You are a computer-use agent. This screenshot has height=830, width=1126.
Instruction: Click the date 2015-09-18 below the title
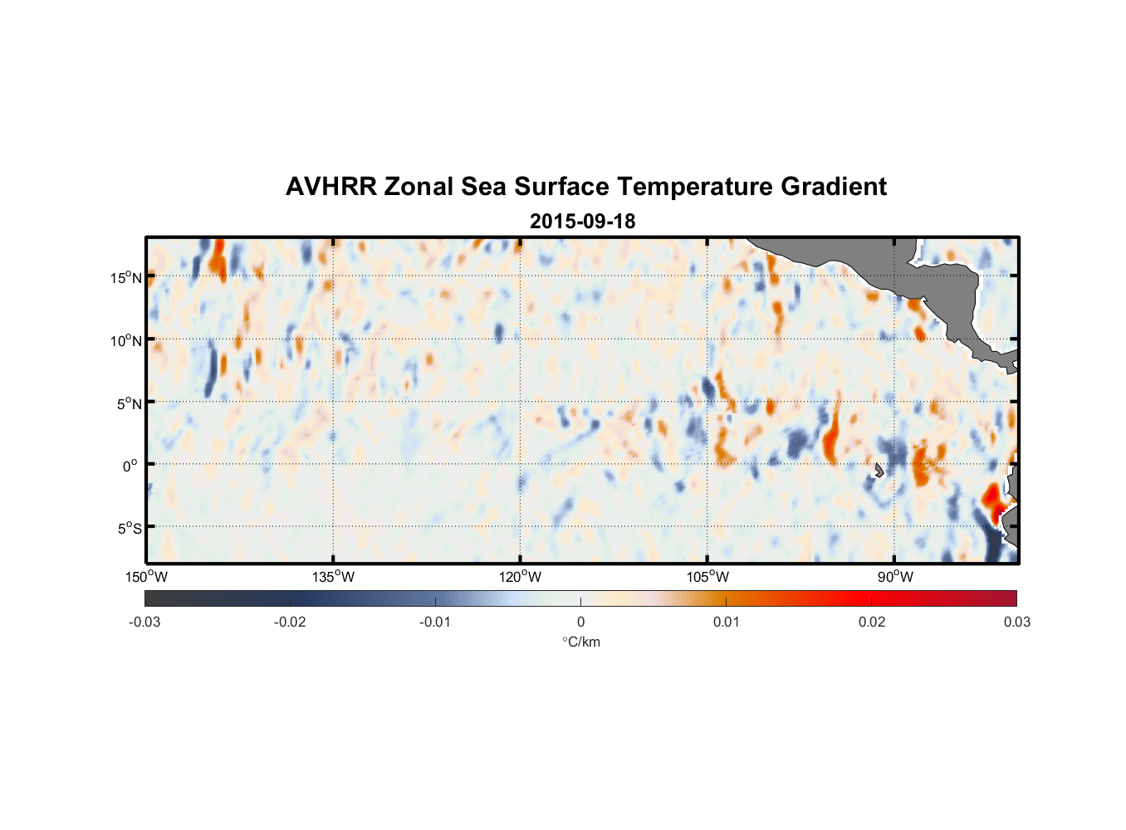(x=582, y=222)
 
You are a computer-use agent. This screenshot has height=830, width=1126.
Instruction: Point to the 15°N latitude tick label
(x=125, y=277)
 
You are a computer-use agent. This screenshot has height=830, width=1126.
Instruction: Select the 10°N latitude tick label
(x=125, y=340)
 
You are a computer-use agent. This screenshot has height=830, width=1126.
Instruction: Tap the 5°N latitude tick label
(x=129, y=403)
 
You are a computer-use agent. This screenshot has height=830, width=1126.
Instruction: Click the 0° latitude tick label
(x=130, y=466)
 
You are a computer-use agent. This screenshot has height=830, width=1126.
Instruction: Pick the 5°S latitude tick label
(x=129, y=529)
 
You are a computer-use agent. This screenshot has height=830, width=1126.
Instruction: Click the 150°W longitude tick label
(x=147, y=577)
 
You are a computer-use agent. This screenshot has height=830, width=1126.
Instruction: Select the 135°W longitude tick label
(x=334, y=577)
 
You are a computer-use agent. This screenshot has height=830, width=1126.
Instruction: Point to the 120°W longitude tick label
(x=521, y=577)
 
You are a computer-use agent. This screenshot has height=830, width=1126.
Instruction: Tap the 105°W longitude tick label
(x=707, y=577)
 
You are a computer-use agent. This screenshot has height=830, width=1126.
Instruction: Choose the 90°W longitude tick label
(x=894, y=577)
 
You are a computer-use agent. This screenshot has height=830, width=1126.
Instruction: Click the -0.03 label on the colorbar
(x=144, y=622)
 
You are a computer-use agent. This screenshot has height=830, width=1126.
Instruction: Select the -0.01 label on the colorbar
(x=435, y=622)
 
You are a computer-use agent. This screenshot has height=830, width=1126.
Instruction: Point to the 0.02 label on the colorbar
(x=872, y=622)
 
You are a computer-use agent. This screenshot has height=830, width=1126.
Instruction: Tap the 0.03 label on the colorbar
(x=1016, y=622)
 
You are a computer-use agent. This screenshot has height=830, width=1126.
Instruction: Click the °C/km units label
(x=580, y=642)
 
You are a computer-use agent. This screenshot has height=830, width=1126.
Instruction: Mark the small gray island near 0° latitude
(x=879, y=470)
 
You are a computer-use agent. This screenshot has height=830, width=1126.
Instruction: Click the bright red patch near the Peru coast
(x=992, y=500)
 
